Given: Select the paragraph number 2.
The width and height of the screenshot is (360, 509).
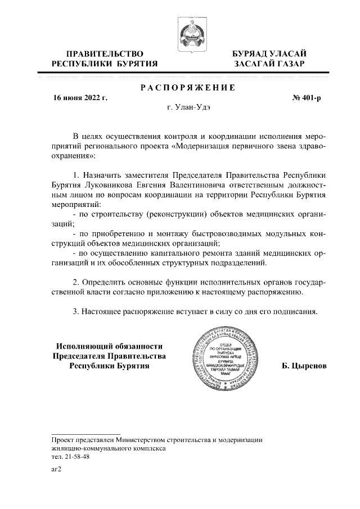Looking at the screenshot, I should point(76,281).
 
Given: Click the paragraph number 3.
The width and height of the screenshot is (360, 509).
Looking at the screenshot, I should point(76,312).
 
